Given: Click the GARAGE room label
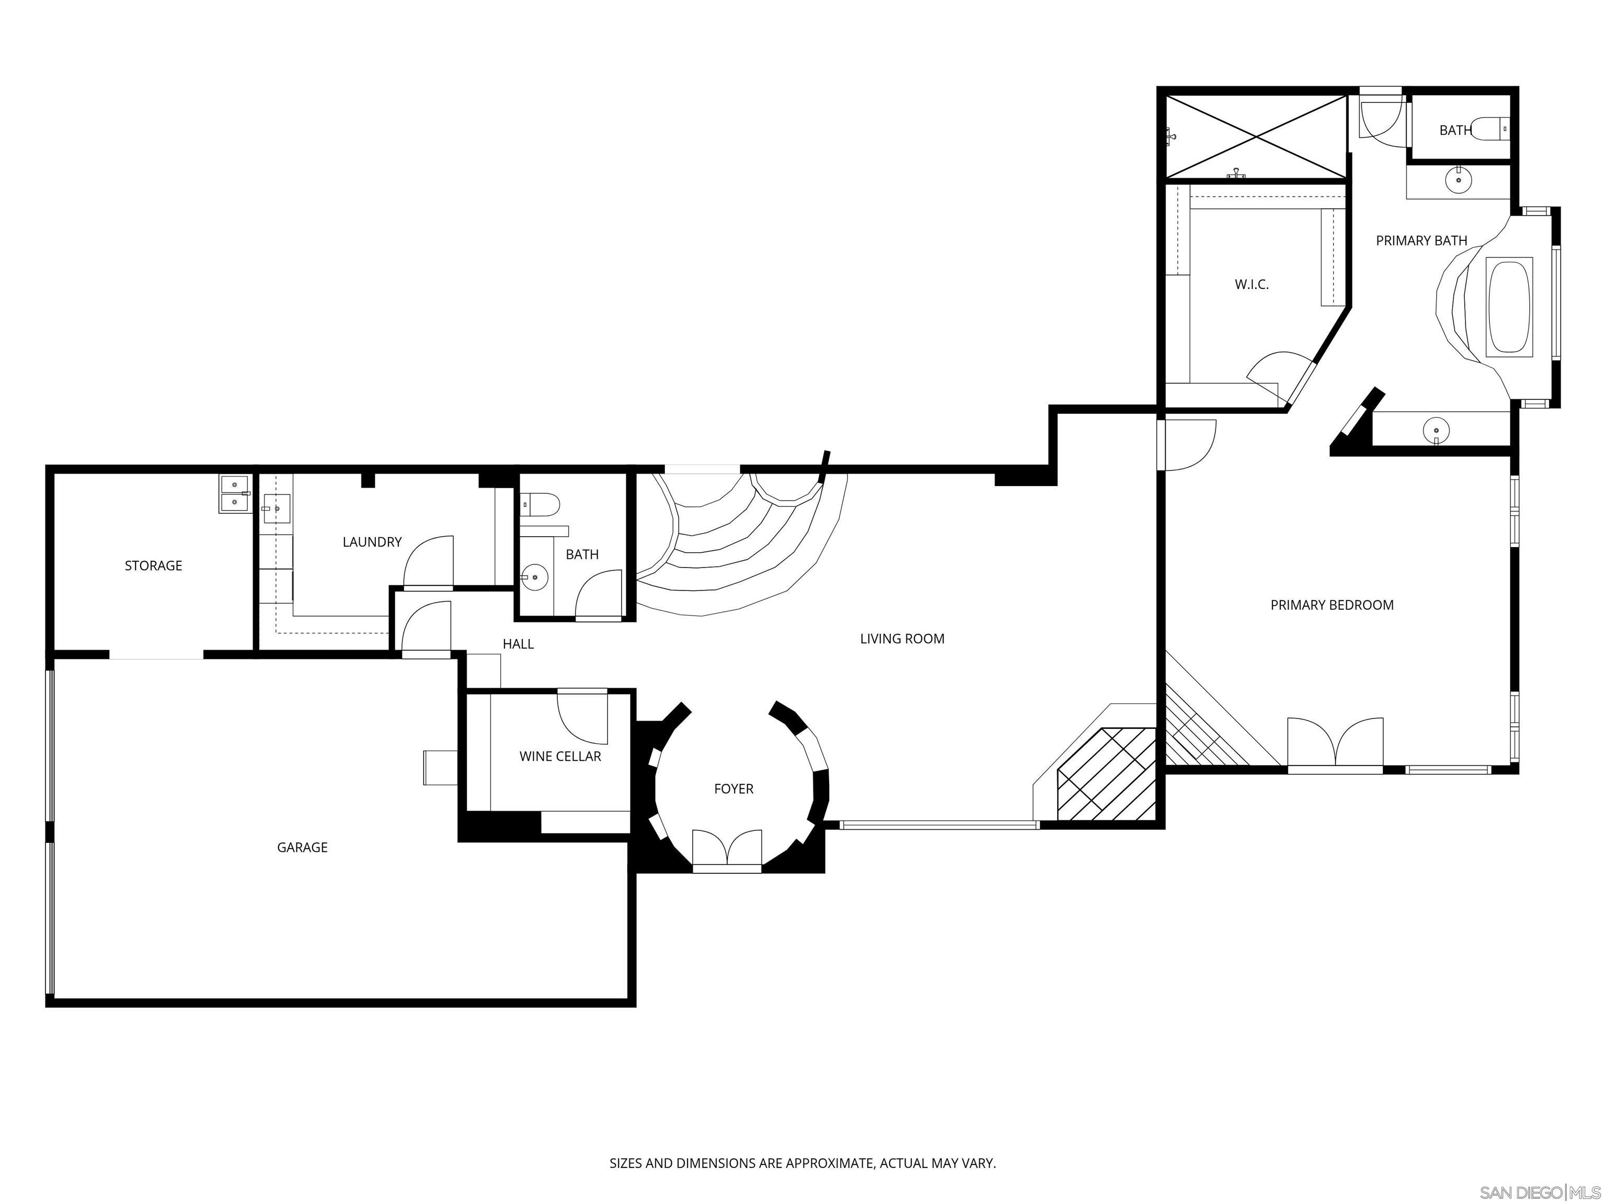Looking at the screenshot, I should tap(302, 847).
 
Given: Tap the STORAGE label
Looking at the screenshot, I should tap(153, 565).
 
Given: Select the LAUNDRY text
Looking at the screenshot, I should tap(372, 542).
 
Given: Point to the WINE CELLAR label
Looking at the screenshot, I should tap(560, 756).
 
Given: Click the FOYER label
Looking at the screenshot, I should tap(733, 789).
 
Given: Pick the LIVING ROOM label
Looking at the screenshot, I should tap(902, 639).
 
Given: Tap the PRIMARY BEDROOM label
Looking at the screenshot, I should tap(1332, 605).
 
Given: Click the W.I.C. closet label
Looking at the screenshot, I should tap(1252, 284).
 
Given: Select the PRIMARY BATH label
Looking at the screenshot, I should tap(1421, 240).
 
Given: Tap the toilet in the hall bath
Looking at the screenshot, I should tap(541, 503).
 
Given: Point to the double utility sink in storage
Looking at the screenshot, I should tap(235, 493).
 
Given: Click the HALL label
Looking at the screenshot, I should tap(518, 644).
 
